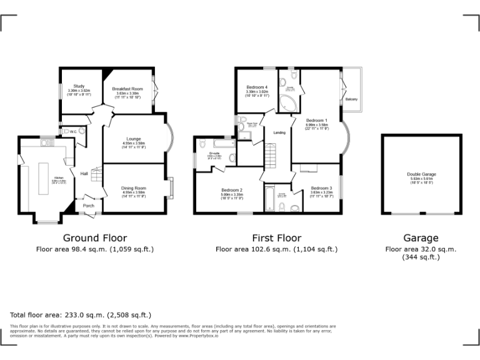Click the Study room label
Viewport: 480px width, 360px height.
(79, 86)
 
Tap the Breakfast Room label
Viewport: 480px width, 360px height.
(128, 89)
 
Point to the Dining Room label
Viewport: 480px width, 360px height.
(134, 188)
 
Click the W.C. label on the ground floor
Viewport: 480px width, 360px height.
(73, 131)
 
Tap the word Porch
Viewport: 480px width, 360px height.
(88, 205)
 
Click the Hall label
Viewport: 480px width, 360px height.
(83, 174)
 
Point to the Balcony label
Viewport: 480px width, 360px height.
(351, 99)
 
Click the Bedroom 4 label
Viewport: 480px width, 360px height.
(257, 87)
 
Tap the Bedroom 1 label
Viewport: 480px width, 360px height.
(317, 120)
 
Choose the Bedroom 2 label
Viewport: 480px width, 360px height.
(232, 189)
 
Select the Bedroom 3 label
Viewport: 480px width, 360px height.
(321, 188)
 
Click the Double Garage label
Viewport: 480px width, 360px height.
(421, 174)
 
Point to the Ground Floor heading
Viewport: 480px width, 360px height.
(95, 238)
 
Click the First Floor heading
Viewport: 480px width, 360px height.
(276, 238)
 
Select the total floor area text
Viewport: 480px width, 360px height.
(81, 315)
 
